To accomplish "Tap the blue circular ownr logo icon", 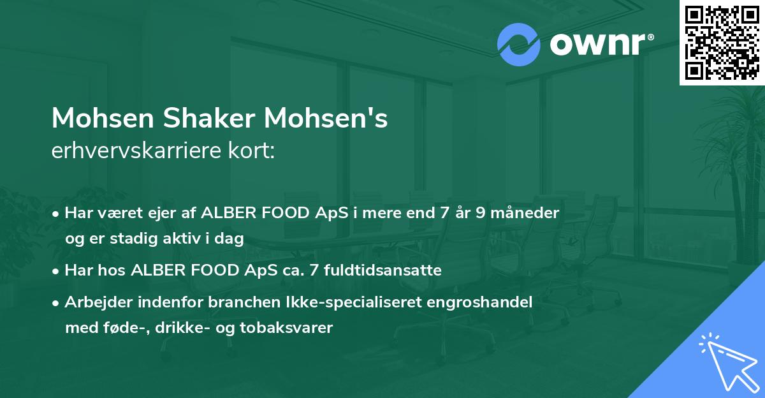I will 518,45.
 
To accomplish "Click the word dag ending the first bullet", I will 231,239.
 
